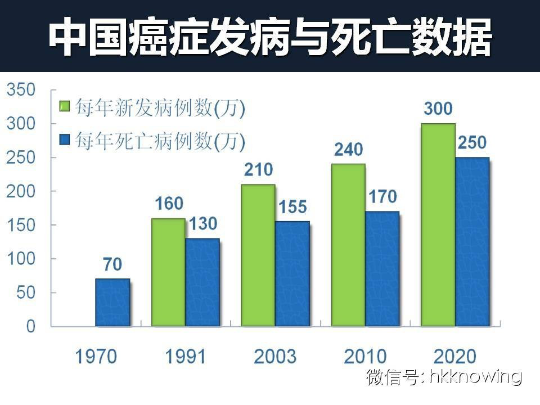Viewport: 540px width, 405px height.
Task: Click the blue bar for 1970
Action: coord(112,302)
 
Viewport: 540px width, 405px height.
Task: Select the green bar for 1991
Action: coord(168,272)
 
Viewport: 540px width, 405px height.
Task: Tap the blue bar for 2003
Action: coord(292,273)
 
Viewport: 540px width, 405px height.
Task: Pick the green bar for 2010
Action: coord(348,245)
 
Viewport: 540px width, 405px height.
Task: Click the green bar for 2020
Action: coord(438,225)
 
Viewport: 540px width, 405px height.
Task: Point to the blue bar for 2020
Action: coord(472,242)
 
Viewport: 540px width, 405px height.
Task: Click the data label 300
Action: coord(438,109)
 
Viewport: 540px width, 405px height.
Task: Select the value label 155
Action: coord(292,207)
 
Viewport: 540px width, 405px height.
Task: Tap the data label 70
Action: coord(112,264)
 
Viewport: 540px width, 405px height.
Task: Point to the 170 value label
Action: coord(382,197)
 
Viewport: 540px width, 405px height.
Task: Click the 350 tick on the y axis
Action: coord(22,90)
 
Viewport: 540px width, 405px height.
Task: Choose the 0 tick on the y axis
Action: coord(31,326)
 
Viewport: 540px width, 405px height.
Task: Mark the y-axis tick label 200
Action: coord(22,191)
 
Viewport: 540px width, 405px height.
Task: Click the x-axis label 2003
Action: coord(274,356)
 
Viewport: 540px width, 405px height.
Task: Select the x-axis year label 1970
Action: coord(96,356)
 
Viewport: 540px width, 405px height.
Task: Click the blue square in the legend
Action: coord(65,139)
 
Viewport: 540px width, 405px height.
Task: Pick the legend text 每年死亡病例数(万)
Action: coord(160,140)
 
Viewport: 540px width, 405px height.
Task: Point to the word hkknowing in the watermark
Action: coord(475,376)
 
